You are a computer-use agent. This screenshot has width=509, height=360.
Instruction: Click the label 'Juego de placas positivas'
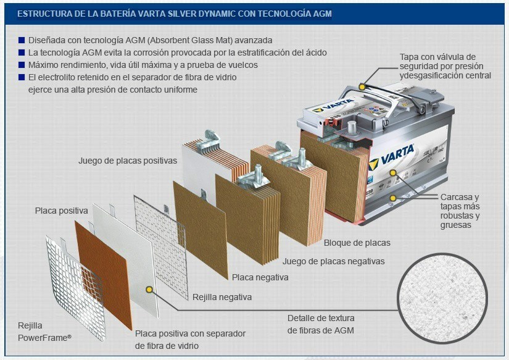(128, 161)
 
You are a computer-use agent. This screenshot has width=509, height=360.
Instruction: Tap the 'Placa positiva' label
(61, 211)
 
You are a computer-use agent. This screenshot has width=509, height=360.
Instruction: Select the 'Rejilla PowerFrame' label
(44, 332)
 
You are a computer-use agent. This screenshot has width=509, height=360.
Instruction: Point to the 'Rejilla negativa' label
(222, 297)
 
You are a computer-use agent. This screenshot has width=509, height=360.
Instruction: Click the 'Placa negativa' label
(260, 277)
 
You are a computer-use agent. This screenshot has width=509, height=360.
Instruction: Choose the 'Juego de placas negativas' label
(333, 261)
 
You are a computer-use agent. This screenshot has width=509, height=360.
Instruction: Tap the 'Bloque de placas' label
(357, 243)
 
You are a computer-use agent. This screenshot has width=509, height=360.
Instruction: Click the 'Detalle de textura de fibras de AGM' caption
(321, 324)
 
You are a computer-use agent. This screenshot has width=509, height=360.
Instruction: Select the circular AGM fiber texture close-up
(442, 298)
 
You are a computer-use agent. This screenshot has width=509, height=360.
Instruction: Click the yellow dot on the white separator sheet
(149, 289)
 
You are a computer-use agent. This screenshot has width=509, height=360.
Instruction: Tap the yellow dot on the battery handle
(362, 86)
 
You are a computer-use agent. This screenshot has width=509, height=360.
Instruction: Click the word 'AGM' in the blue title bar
(322, 14)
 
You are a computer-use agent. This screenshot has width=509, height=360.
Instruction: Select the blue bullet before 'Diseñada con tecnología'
(22, 40)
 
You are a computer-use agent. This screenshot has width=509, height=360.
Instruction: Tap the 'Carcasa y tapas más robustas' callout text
(460, 211)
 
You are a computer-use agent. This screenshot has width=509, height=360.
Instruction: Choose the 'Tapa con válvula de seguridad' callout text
(445, 66)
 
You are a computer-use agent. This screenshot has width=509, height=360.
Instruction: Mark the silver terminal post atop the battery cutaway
(352, 128)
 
